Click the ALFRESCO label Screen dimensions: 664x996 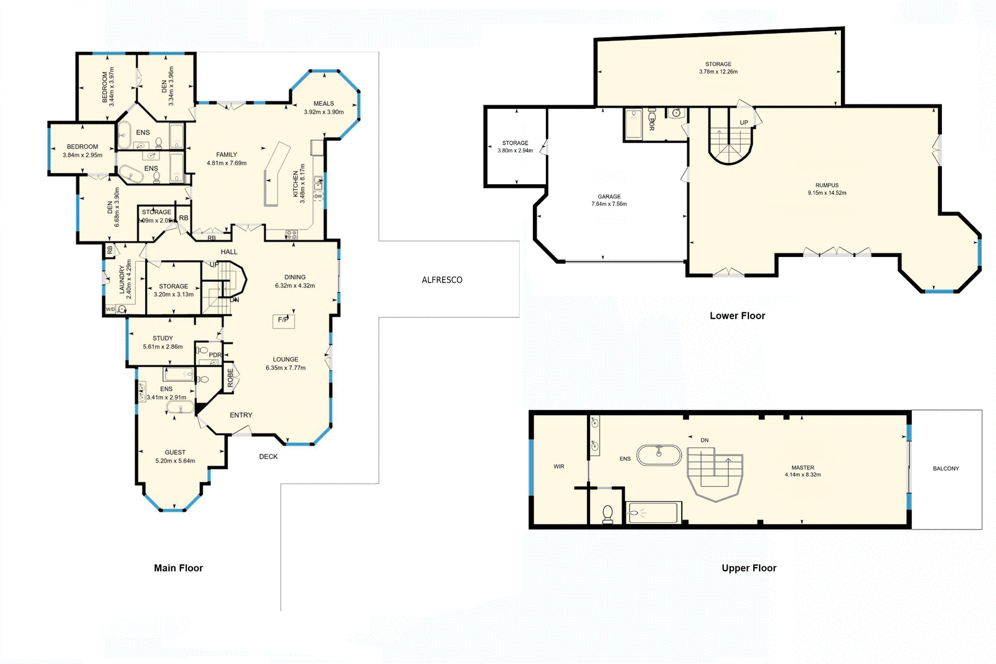pyautogui.click(x=442, y=280)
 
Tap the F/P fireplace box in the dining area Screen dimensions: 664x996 pyautogui.click(x=283, y=320)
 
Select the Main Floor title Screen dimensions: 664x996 pyautogui.click(x=179, y=568)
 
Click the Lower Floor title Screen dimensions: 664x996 pyautogui.click(x=737, y=316)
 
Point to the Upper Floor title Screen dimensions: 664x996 pyautogui.click(x=749, y=568)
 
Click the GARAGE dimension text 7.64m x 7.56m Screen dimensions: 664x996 pyautogui.click(x=609, y=204)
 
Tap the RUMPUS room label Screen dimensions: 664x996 pyautogui.click(x=827, y=185)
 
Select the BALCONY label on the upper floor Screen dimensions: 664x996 pyautogui.click(x=946, y=469)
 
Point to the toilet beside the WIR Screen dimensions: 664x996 pyautogui.click(x=608, y=514)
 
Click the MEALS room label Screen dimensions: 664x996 pyautogui.click(x=324, y=104)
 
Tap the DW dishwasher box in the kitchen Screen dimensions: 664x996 pyautogui.click(x=318, y=197)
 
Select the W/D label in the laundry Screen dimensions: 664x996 pyautogui.click(x=110, y=309)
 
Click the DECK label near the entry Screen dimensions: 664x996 pyautogui.click(x=268, y=457)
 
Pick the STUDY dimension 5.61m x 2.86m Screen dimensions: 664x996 pyautogui.click(x=163, y=347)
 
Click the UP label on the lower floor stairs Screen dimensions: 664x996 pyautogui.click(x=744, y=123)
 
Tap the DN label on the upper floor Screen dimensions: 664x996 pyautogui.click(x=705, y=441)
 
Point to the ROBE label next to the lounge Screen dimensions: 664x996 pyautogui.click(x=230, y=378)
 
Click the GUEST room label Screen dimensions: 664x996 pyautogui.click(x=175, y=452)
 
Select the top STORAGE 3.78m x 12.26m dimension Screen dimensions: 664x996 pyautogui.click(x=718, y=72)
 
